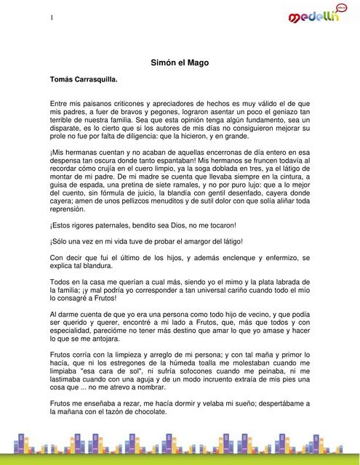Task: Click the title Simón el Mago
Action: click(179, 63)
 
